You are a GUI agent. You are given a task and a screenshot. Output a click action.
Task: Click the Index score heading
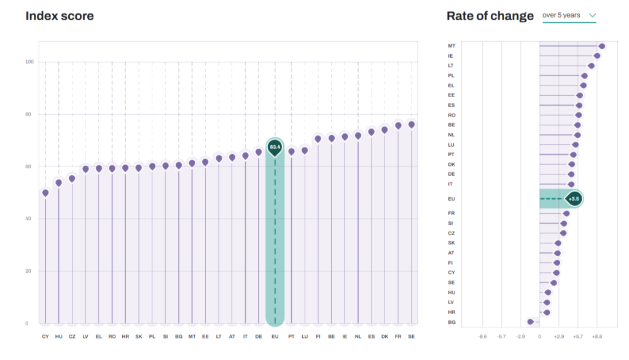60,16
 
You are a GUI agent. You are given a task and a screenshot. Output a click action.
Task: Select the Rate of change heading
490,16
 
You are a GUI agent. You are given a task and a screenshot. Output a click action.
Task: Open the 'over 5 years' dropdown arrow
593,15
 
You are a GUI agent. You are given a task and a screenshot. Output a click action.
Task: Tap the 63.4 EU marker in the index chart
275,147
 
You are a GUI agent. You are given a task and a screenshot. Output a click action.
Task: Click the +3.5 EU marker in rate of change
574,198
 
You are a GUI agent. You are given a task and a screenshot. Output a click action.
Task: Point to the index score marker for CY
45,193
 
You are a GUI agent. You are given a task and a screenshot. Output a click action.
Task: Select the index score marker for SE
411,125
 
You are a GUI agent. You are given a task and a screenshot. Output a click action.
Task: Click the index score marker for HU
58,183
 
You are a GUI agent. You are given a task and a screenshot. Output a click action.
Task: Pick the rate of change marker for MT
602,46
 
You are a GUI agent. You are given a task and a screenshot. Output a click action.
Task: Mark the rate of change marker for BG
531,322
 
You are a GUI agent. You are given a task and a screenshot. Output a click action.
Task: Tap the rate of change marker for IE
597,56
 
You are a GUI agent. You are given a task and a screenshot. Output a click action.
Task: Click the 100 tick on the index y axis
29,62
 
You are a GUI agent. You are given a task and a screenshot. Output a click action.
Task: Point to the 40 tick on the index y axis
28,219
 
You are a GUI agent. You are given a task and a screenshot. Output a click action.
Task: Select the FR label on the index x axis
398,337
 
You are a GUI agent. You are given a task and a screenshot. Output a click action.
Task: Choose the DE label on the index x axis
259,337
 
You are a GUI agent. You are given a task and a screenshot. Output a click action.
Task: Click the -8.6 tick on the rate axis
482,337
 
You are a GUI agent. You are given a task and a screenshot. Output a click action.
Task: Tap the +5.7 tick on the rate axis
577,337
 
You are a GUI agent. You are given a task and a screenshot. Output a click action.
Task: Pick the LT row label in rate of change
451,65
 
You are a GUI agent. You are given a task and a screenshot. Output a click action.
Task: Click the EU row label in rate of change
451,198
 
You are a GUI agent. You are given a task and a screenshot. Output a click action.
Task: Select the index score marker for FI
318,139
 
